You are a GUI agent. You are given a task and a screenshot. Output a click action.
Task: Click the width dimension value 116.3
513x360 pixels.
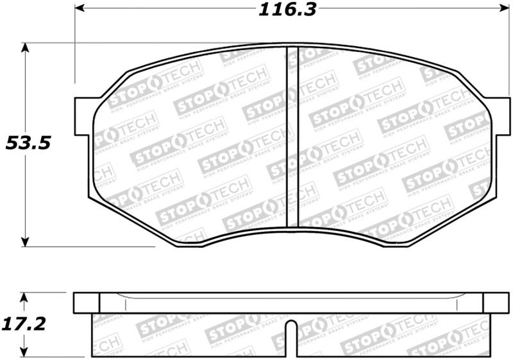click(x=289, y=10)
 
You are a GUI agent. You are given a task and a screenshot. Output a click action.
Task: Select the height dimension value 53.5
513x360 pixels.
click(x=28, y=143)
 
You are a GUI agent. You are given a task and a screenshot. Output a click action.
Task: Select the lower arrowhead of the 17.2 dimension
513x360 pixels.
click(x=25, y=351)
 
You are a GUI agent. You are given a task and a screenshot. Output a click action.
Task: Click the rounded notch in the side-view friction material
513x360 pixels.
click(x=291, y=331)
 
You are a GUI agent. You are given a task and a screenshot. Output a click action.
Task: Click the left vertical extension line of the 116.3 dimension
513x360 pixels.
click(x=76, y=51)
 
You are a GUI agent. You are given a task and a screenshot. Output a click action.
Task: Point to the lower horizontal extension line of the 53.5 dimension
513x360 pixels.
click(x=96, y=246)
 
